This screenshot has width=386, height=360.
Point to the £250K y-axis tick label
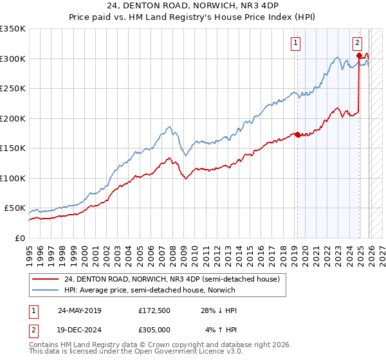13,89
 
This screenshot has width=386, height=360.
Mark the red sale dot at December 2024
359,56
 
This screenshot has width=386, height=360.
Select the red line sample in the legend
45,280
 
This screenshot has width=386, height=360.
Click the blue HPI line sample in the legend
45,290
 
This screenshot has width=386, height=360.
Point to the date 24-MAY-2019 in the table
79,310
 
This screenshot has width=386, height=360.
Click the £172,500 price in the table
154,310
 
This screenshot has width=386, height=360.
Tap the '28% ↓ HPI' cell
219,310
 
